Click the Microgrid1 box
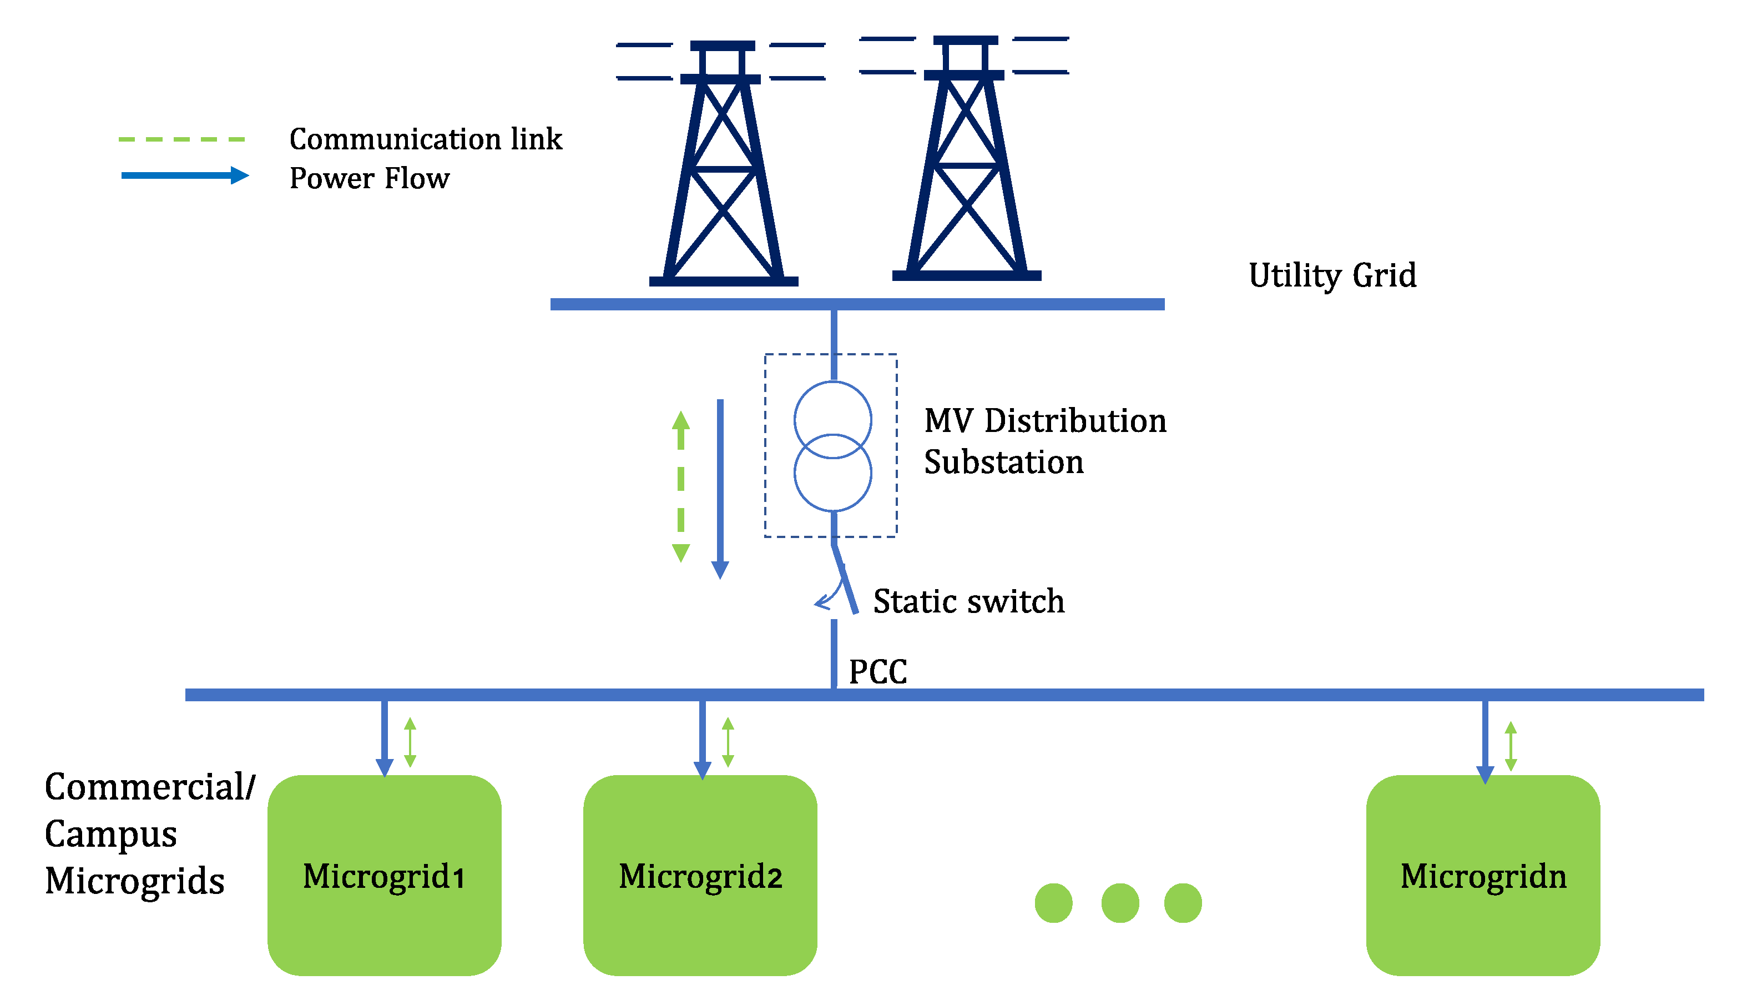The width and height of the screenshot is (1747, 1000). (x=385, y=875)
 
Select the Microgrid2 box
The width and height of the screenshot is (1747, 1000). (x=700, y=875)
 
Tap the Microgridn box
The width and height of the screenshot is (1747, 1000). (x=1483, y=875)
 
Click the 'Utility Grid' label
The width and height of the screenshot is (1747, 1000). (x=1332, y=276)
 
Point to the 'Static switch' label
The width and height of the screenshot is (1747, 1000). (x=968, y=602)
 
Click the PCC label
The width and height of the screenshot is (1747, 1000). (x=878, y=672)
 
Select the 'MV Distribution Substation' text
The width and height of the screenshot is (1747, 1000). (x=1045, y=441)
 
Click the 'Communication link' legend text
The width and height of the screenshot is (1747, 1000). (x=426, y=139)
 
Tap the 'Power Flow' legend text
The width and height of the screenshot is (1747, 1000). (x=369, y=178)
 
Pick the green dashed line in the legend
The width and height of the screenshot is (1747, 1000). (x=182, y=139)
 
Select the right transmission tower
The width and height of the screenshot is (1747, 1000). (x=965, y=158)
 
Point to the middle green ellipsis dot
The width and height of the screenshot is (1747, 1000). (x=1120, y=903)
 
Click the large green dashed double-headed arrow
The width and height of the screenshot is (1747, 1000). (x=681, y=487)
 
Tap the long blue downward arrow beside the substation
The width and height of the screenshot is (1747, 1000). (x=720, y=490)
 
